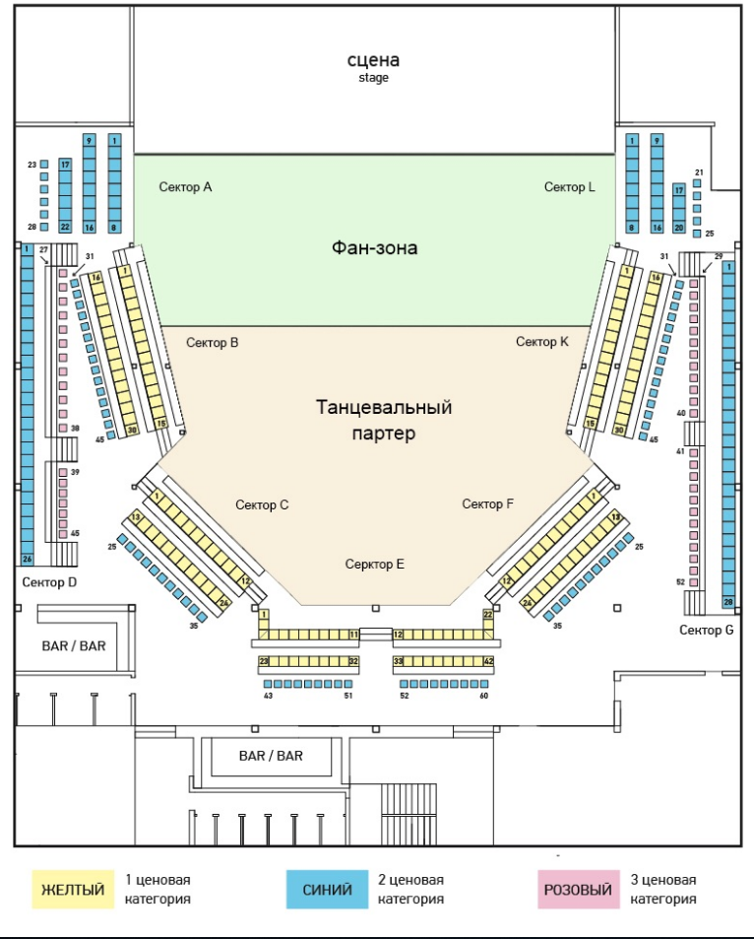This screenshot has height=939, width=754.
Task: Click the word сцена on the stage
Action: click(x=373, y=60)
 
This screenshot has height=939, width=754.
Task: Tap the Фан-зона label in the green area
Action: click(x=375, y=248)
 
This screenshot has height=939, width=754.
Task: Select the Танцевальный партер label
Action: click(x=384, y=420)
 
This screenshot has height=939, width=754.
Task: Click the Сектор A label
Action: click(x=185, y=187)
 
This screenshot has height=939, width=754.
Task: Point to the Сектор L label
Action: click(x=570, y=187)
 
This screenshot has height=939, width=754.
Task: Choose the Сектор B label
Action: click(x=213, y=343)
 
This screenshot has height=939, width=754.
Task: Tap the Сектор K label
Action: click(x=542, y=341)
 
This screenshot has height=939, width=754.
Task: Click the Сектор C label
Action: click(x=262, y=504)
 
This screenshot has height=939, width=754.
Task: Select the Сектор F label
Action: click(x=487, y=503)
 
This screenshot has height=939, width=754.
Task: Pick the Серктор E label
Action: click(x=375, y=565)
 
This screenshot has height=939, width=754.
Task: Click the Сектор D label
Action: click(x=49, y=582)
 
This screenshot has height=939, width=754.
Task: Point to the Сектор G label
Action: click(x=706, y=630)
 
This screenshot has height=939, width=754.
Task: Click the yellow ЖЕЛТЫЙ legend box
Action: click(x=73, y=890)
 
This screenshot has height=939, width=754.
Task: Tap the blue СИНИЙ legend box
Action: click(x=328, y=890)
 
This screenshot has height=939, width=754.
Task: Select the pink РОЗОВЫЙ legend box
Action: click(x=579, y=890)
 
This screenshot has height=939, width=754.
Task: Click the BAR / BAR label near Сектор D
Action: click(x=74, y=646)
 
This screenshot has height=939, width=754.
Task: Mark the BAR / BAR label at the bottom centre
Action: click(x=271, y=756)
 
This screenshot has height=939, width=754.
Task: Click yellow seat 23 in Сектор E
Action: click(x=264, y=661)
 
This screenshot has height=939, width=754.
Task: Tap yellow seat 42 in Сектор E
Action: click(x=488, y=661)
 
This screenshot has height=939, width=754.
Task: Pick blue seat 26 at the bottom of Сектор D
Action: click(x=27, y=560)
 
